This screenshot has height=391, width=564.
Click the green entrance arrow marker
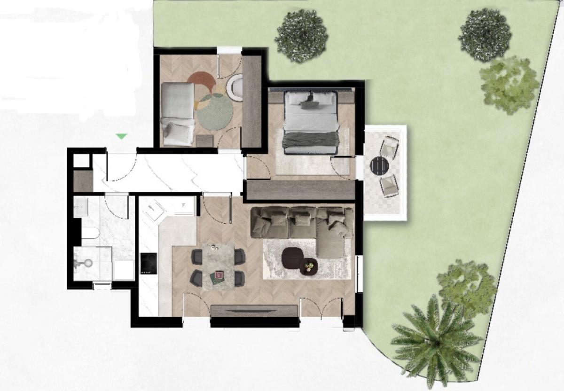[121, 136]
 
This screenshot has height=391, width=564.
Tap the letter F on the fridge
[184, 205]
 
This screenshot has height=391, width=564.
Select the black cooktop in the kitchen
[149, 263]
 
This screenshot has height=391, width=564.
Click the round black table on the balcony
[379, 165]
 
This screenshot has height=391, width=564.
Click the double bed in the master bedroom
[311, 123]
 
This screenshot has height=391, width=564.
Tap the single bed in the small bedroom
[178, 114]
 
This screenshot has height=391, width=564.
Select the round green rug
[214, 112]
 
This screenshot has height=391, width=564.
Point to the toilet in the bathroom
[90, 233]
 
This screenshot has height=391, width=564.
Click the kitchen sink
[154, 211]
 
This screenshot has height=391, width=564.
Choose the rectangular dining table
[219, 266]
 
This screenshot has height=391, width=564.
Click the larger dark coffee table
[292, 258]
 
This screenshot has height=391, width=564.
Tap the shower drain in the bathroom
[89, 263]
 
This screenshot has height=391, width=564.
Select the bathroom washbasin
[81, 207]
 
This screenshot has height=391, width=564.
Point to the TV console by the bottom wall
[254, 311]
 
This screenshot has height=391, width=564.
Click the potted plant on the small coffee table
[309, 266]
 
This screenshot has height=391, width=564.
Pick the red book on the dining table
[219, 275]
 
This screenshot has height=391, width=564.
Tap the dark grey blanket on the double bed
[309, 140]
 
